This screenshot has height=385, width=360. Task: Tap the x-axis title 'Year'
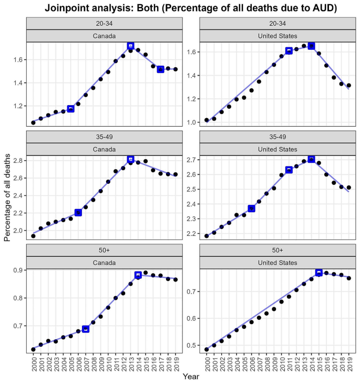point(190,377)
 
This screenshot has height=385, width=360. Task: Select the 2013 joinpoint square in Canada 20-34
point(131,46)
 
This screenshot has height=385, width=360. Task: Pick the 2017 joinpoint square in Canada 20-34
point(160,69)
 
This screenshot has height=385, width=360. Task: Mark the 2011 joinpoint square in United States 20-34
point(289,51)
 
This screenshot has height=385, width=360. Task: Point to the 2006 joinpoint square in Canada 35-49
point(78,212)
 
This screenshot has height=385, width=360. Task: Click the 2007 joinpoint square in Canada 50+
point(86,329)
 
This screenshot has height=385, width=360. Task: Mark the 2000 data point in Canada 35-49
point(33,236)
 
